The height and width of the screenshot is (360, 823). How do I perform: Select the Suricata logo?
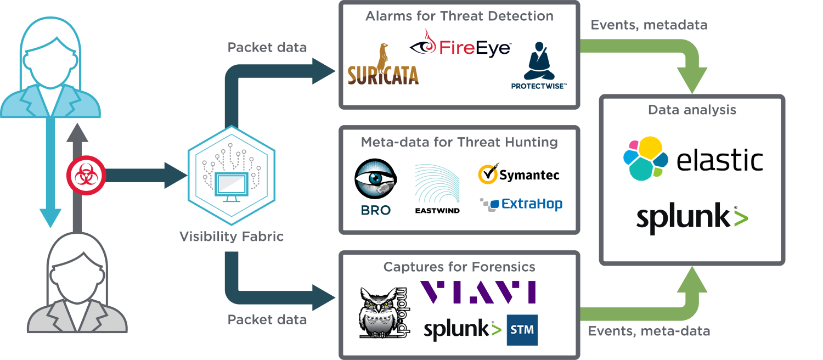tap(384, 71)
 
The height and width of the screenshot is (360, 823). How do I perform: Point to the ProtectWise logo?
tap(539, 65)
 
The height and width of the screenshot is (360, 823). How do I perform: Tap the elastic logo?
tap(692, 158)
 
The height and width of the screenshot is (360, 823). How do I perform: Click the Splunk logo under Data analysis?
tap(692, 217)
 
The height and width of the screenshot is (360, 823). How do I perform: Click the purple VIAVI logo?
tap(477, 292)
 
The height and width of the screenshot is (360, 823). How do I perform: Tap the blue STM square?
tap(522, 330)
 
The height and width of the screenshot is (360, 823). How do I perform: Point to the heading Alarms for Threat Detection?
tap(459, 16)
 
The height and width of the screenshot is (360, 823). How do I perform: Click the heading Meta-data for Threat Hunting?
tap(459, 143)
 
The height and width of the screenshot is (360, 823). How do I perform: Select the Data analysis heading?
tap(692, 110)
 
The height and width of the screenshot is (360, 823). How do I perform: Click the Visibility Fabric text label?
tap(232, 237)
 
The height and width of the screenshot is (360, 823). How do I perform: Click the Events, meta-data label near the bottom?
tap(649, 331)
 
